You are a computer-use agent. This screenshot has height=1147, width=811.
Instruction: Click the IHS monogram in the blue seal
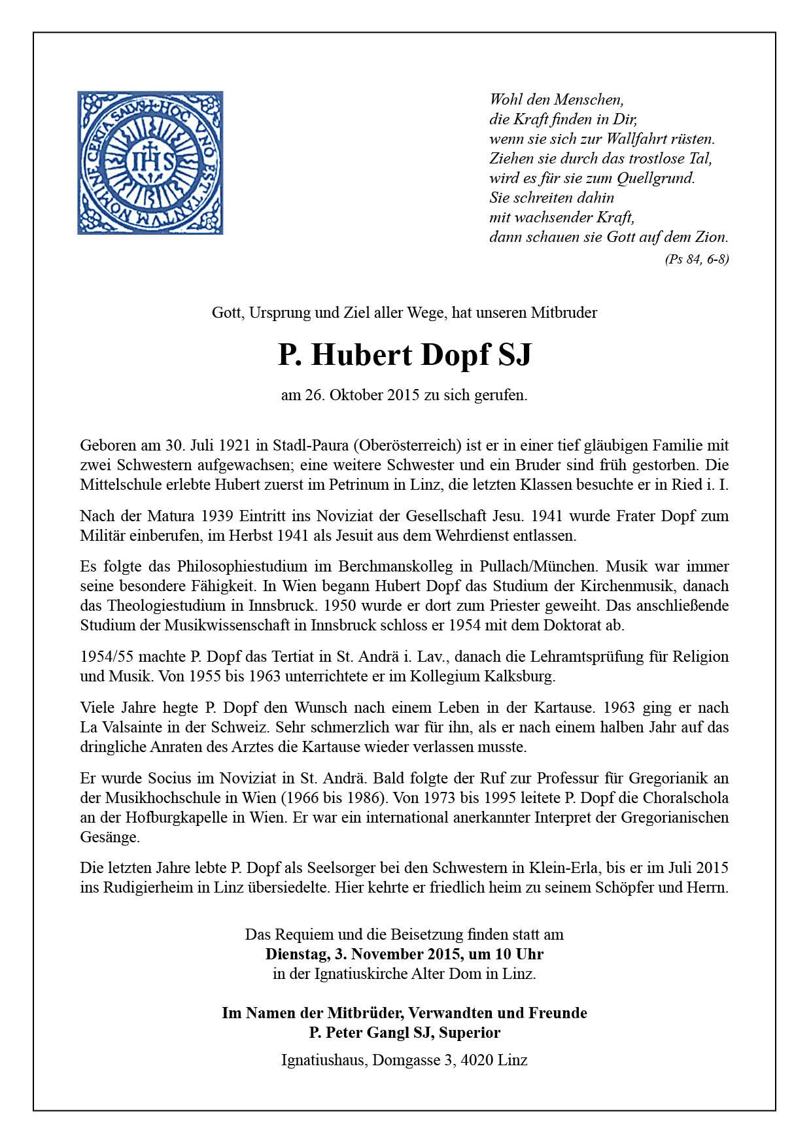[150, 162]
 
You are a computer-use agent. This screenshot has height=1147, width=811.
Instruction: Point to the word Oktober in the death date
[356, 395]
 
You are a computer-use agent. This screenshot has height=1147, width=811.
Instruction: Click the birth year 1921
[231, 446]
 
